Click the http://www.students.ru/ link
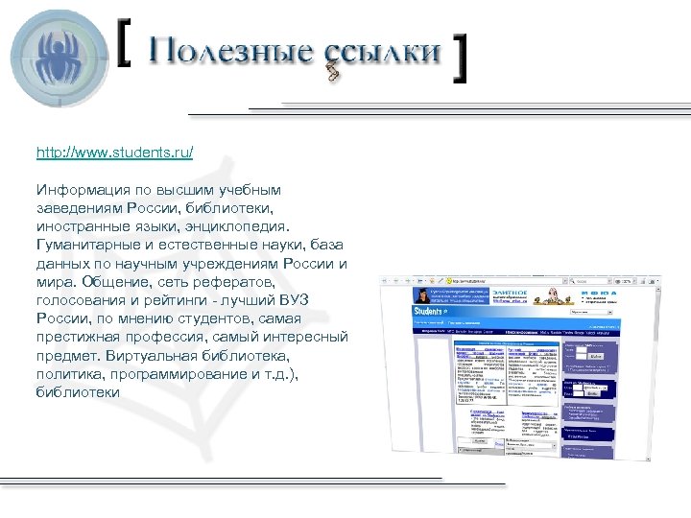click(114, 153)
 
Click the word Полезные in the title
click(226, 52)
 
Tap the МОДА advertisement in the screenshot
click(596, 296)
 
